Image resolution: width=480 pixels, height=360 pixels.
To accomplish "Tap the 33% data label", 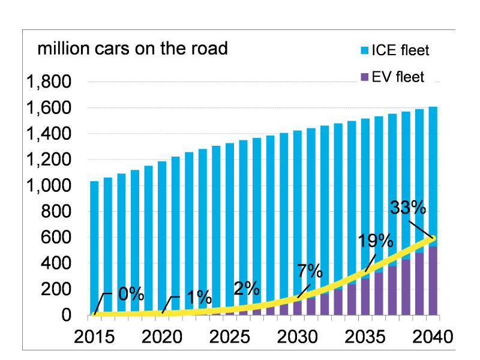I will coord(408,208).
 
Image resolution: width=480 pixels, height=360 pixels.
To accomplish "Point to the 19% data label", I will coord(376,241).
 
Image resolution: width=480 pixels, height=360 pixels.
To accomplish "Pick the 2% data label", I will coord(247,288).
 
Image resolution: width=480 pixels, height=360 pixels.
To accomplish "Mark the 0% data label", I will coord(130,294).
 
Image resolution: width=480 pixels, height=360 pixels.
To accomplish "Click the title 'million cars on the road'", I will coord(133,49).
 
